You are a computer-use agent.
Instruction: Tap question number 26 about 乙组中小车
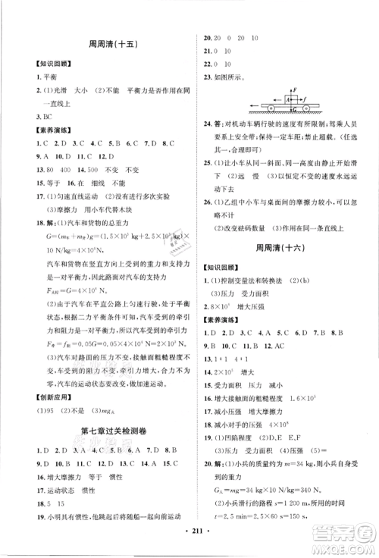205,206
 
